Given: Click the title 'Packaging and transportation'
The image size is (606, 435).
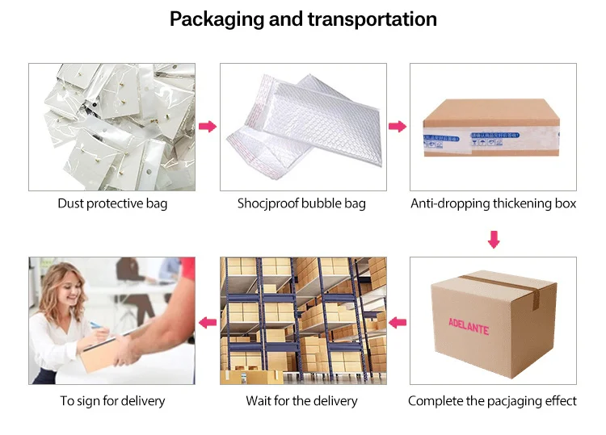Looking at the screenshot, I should click(303, 19).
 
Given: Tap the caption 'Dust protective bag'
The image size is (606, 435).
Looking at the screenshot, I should click(112, 203).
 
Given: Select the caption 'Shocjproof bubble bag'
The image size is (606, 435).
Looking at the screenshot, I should click(301, 203).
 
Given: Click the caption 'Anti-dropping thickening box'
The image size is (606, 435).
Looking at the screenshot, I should click(494, 203).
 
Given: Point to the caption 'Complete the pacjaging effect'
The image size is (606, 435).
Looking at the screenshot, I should click(493, 400).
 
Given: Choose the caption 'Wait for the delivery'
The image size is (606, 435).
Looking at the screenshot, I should click(301, 400).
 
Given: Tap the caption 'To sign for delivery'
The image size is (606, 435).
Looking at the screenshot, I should click(112, 400).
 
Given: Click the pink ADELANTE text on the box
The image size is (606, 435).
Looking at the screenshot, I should click(469, 324).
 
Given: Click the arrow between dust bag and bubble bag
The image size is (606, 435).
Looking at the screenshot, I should click(208, 127).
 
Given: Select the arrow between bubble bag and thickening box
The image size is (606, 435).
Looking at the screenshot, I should click(397, 127).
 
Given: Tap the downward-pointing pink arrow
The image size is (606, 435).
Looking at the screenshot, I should click(494, 239).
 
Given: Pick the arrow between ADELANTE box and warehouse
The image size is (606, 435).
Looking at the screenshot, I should click(398, 323).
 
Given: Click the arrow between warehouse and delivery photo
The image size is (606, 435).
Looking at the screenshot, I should click(208, 323).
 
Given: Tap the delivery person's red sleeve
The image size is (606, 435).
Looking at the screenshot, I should click(187, 270).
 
